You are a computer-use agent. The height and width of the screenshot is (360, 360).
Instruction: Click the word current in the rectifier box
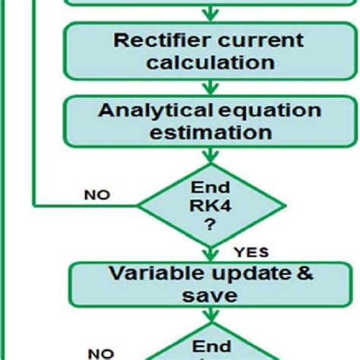pos(260,40)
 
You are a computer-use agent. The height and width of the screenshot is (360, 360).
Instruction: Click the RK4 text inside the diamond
pos(208,204)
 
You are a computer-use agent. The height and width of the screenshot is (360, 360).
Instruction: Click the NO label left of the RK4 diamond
pos(96,195)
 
